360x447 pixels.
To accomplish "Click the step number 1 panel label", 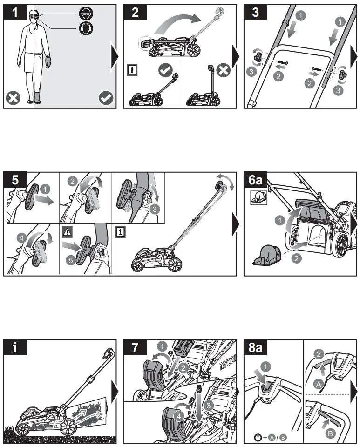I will [x=15, y=13].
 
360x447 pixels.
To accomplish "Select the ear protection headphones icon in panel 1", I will [x=86, y=28].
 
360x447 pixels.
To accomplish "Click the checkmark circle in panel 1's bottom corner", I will [x=107, y=98].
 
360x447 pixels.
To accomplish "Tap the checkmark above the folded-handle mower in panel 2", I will [x=166, y=70].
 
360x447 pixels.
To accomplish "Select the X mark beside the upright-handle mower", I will [x=224, y=70].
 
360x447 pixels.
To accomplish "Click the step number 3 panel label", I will [x=255, y=13].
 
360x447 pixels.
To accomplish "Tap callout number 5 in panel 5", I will [x=71, y=260].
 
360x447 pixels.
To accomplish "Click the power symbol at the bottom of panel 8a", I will [x=258, y=437].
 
